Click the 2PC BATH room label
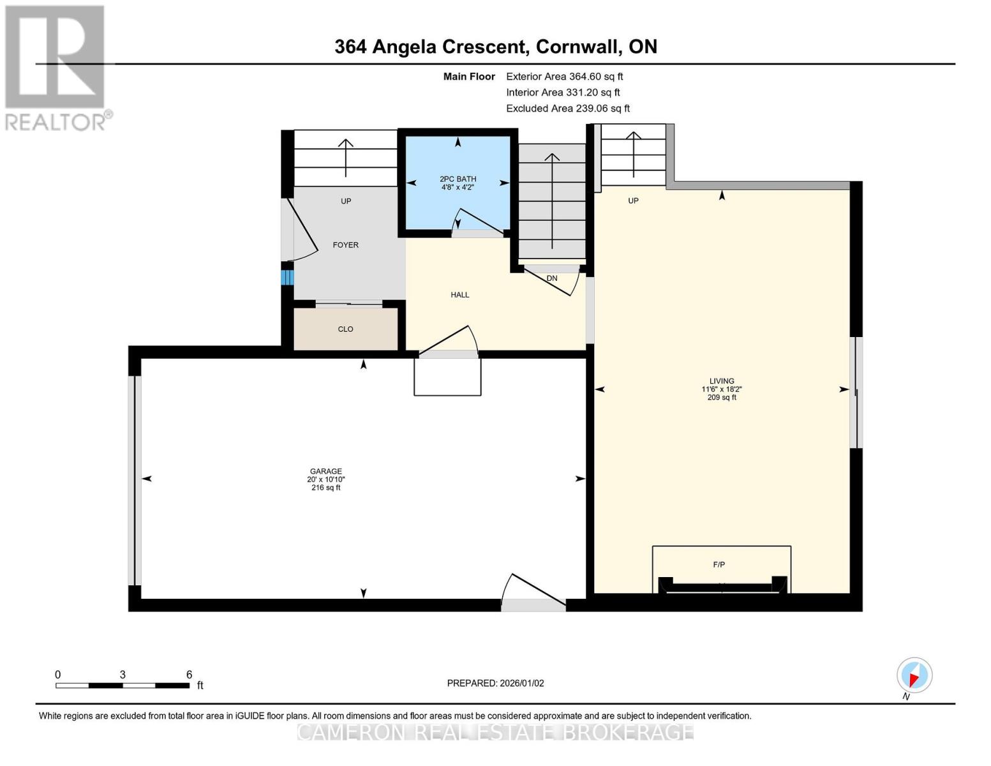point(458,179)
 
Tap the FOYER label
point(345,245)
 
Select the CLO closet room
point(345,329)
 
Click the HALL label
point(459,295)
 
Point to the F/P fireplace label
point(719,564)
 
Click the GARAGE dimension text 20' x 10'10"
point(325,479)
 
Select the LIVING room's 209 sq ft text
point(722,398)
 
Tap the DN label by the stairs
point(551,278)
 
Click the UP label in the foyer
point(346,201)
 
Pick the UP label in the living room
point(633,200)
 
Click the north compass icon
point(914,675)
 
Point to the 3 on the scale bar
point(123,675)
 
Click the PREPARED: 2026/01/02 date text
point(495,683)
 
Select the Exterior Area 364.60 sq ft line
point(564,77)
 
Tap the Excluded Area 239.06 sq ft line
point(567,109)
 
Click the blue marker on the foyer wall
point(287,278)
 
